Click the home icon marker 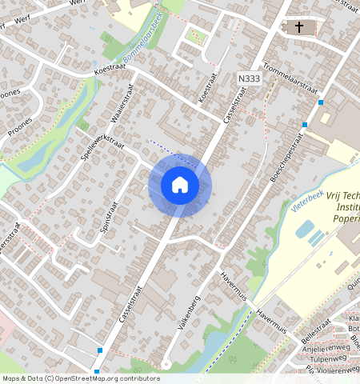point(180,185)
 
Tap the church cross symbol point(299,28)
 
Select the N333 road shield point(249,78)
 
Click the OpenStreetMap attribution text point(80,378)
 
